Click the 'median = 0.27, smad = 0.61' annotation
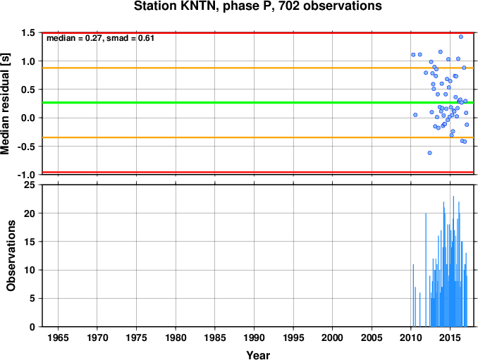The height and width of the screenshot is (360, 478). coord(100,38)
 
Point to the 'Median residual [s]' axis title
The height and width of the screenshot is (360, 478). coord(5,104)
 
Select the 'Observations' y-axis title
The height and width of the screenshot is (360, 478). coord(11,256)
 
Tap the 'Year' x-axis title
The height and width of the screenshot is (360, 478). coord(258,355)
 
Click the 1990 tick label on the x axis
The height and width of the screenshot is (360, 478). coord(254,337)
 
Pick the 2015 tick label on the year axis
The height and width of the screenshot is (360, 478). coord(451,337)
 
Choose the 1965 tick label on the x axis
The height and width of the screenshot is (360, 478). coord(58,337)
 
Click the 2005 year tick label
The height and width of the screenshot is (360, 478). coord(372,337)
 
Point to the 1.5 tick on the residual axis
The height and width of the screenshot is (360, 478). coord(28,32)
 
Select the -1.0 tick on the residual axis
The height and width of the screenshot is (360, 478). coord(26,175)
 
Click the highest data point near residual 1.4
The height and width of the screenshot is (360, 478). coord(461,37)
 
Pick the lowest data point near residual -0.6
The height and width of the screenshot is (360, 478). coord(430,153)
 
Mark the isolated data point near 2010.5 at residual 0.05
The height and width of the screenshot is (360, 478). coord(415,115)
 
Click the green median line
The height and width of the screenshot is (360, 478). coord(258,103)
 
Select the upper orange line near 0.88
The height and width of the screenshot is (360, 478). coord(258,68)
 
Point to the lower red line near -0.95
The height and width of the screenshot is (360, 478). coord(258,173)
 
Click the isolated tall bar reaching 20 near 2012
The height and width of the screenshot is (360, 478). coord(426,270)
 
